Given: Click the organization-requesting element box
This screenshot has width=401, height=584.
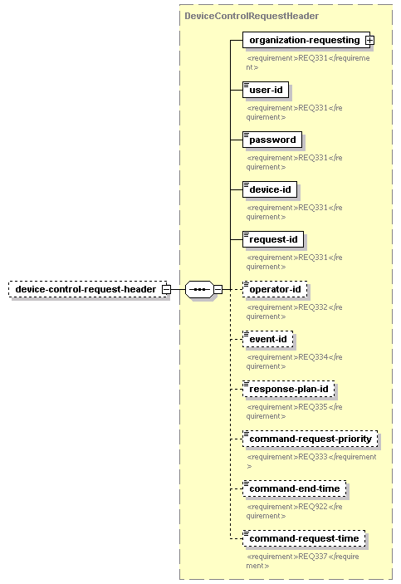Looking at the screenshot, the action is pos(306,40).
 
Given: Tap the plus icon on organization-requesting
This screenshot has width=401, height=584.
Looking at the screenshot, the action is pos(369,40).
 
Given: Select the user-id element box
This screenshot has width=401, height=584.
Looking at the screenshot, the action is pos(266,90).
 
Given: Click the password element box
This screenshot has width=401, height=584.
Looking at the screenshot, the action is pos(272,140).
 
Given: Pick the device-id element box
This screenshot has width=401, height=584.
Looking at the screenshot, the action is pos(270,189).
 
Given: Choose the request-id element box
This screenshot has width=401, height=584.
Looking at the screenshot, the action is pos(273,239).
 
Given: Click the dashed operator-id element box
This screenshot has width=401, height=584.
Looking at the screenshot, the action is pos(275,289).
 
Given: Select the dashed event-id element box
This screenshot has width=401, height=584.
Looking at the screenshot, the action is pos(267,339).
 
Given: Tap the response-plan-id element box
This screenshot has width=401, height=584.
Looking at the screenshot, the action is pos(289,390).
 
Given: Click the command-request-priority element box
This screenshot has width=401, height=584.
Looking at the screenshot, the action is pos(311,439).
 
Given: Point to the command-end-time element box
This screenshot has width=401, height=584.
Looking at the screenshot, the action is pos(294,488).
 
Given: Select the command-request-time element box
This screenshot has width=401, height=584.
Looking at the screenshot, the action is pos(304,538).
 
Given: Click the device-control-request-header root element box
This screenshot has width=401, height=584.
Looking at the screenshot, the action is pos(88,289).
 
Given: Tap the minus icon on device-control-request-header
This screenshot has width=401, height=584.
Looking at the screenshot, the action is pos(166,289).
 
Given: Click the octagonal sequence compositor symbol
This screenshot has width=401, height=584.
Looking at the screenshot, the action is pos(199,289).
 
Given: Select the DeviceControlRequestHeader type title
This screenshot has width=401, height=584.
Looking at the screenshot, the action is pos(252,16).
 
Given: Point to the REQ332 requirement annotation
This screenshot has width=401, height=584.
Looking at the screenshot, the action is pos(294,312).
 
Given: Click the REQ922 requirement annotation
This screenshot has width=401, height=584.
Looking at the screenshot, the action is pos(294,511).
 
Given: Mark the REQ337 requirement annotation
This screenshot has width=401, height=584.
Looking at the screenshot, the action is pos(302,561).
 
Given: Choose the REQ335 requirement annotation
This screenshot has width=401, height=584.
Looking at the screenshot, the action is pos(294,411).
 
